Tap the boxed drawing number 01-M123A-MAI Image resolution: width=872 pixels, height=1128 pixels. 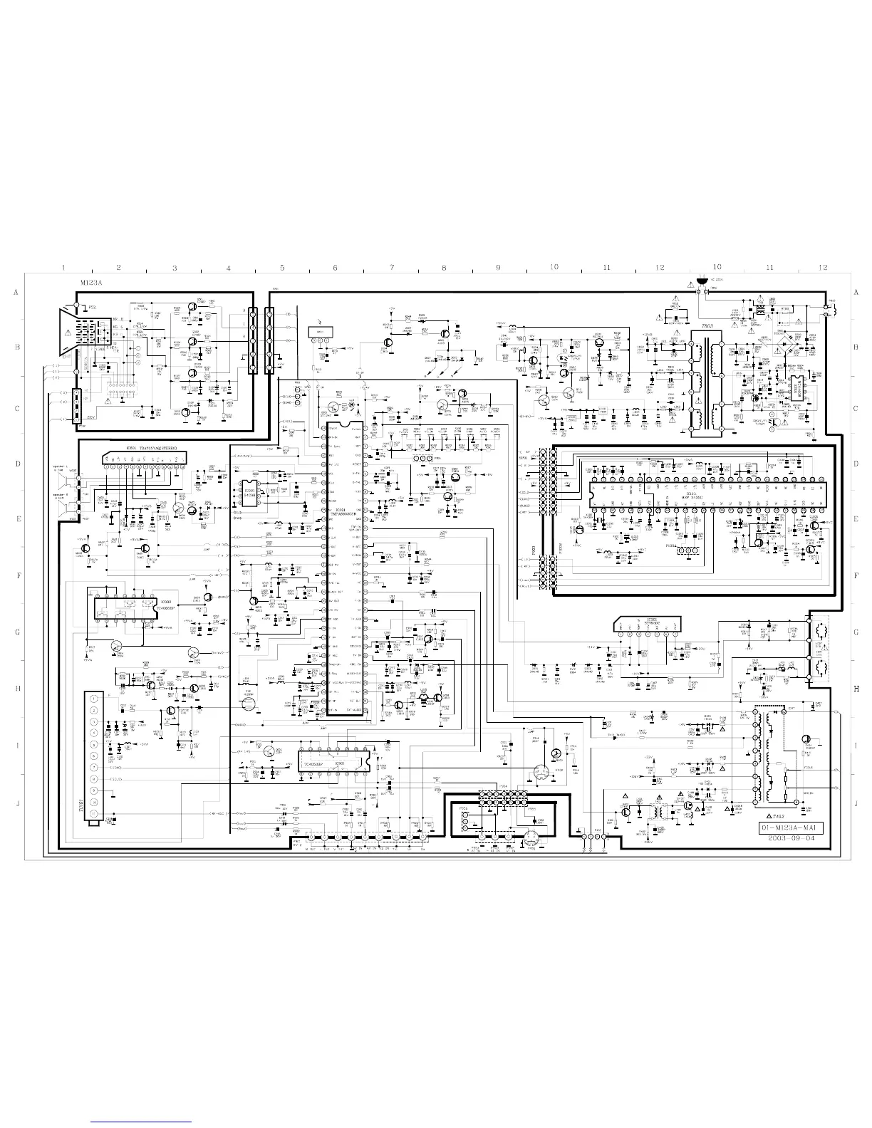[x=791, y=828]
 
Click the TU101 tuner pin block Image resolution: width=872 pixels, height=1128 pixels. [x=93, y=758]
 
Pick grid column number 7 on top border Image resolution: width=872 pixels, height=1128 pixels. [x=391, y=268]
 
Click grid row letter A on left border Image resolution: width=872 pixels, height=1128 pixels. [x=15, y=292]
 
